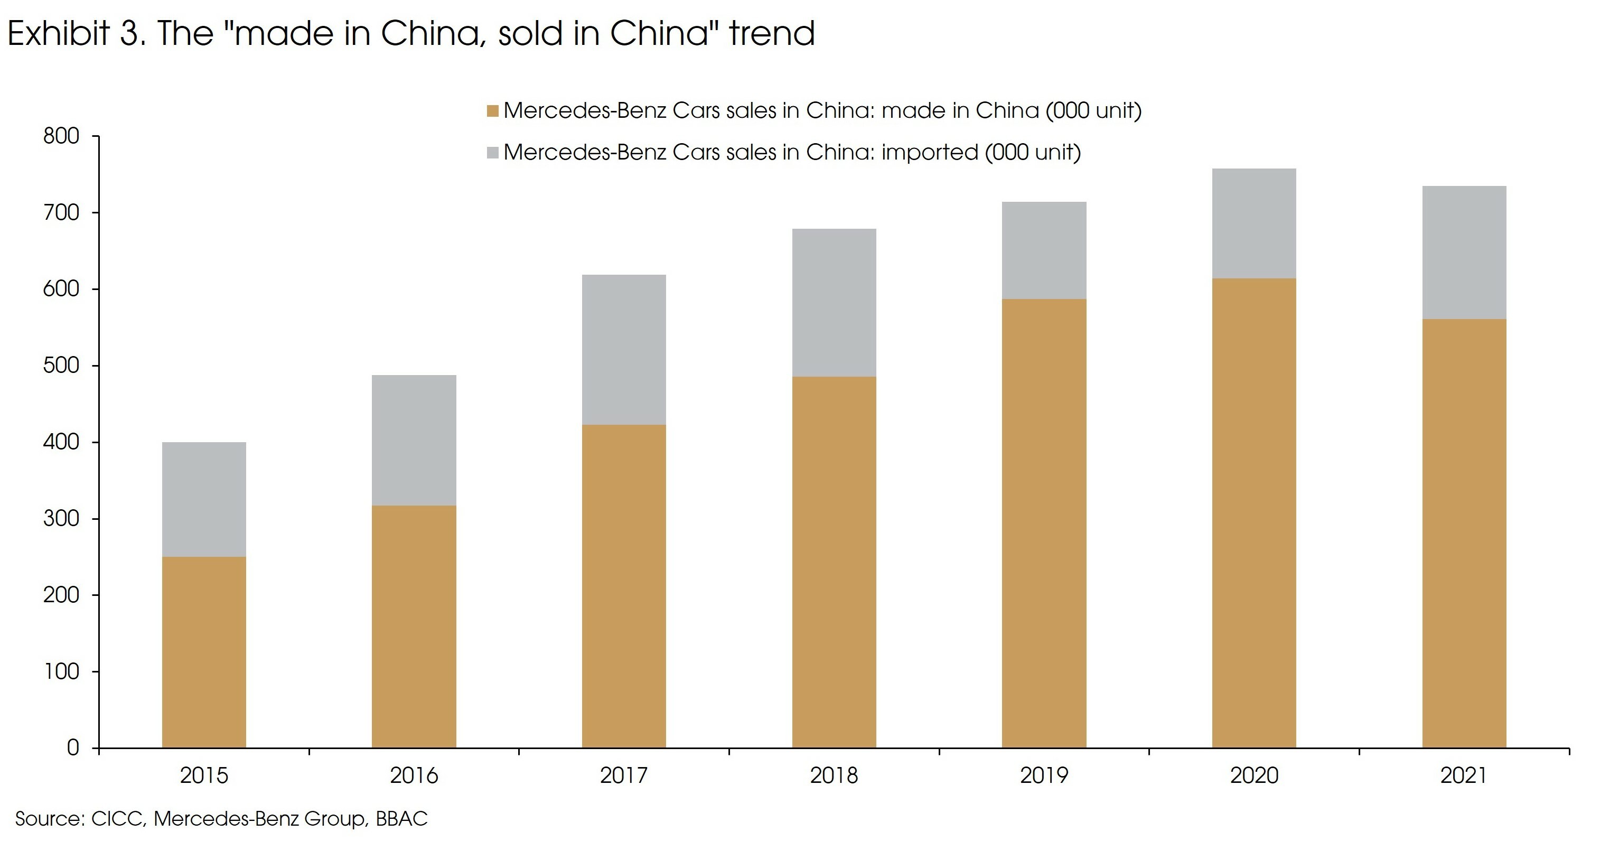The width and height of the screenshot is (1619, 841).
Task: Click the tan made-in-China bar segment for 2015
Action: click(x=204, y=652)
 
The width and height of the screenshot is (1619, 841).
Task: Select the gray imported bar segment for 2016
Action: click(x=414, y=440)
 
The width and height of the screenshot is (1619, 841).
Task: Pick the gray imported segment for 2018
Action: click(x=834, y=302)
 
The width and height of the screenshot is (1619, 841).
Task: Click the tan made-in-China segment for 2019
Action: click(x=1043, y=523)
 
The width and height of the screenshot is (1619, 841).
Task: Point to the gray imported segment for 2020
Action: click(x=1253, y=223)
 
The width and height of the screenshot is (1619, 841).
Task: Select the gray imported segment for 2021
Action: click(x=1464, y=252)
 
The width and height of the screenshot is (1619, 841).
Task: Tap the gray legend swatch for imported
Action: click(x=493, y=153)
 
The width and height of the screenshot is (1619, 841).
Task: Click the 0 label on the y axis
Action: click(x=73, y=748)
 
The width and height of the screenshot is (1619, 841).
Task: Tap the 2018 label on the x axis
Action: click(x=834, y=775)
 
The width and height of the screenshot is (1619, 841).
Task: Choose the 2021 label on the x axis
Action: click(x=1464, y=775)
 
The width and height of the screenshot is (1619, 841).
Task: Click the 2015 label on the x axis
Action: click(x=204, y=775)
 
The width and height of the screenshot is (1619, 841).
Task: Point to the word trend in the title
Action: click(x=772, y=33)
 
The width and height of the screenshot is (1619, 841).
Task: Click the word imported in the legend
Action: click(x=930, y=153)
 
